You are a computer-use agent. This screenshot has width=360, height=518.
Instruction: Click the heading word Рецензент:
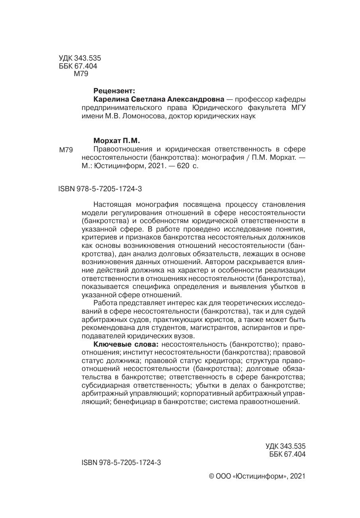click(x=114, y=91)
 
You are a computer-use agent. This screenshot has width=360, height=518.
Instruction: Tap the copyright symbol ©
click(x=211, y=476)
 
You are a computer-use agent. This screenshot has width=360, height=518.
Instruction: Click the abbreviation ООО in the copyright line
click(x=223, y=476)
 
